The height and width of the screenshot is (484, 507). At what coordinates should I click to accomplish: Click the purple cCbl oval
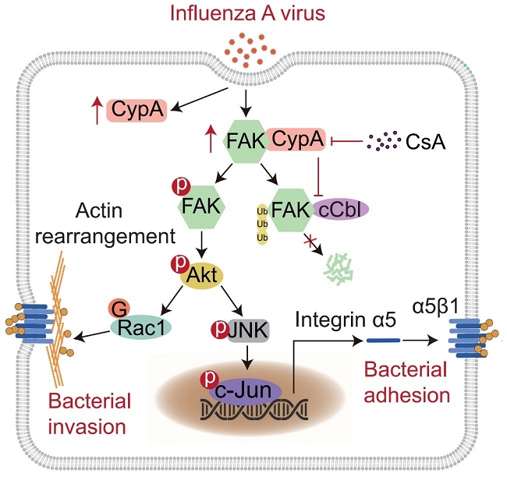340,209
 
